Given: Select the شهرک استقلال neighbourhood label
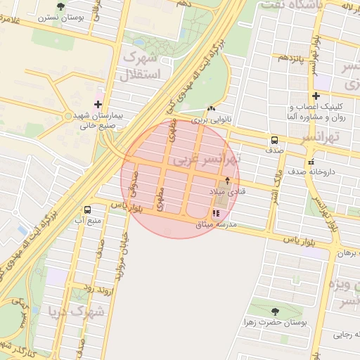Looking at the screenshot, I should [x=141, y=65].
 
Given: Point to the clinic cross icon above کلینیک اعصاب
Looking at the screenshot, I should [x=316, y=96].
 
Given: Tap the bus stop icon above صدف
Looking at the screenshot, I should [x=274, y=139].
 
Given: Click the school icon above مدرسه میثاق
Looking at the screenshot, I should [x=215, y=214].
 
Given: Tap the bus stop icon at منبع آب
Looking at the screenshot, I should [x=87, y=210].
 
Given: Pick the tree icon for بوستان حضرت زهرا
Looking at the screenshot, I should [x=274, y=311].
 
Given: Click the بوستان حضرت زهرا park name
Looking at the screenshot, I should [x=283, y=322].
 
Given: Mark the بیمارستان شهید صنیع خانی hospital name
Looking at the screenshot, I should [x=98, y=120].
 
